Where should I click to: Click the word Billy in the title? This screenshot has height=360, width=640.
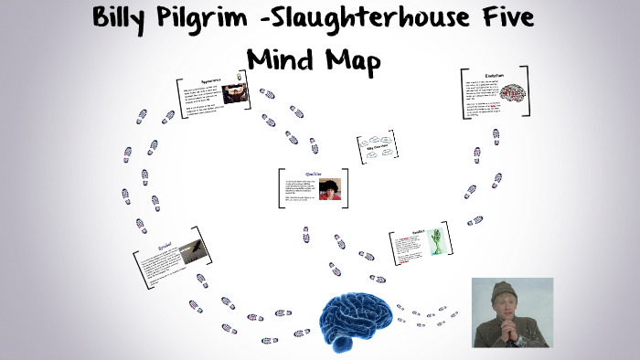point(127,18)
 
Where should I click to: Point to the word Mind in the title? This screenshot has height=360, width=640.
point(281,58)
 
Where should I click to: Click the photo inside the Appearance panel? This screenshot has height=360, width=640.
point(236,94)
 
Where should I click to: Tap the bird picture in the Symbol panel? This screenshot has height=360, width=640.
point(193,249)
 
